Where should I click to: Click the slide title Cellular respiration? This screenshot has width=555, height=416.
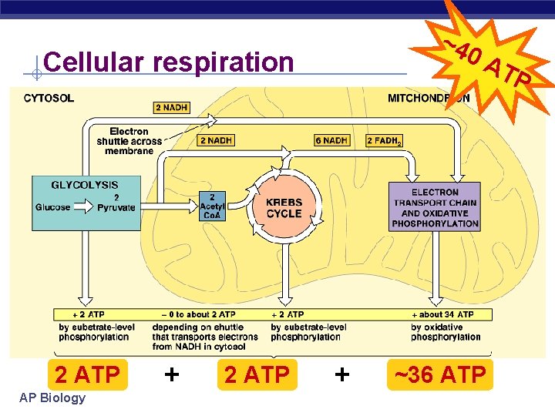[169, 62]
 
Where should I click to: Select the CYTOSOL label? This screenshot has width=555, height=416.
[49, 98]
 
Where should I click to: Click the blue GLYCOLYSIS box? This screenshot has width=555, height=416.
[86, 202]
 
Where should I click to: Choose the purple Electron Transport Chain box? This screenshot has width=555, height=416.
[435, 207]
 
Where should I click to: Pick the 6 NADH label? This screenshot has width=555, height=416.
[331, 140]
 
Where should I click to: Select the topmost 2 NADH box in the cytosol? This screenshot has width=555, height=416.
[171, 108]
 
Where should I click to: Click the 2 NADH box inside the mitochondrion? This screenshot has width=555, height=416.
[217, 140]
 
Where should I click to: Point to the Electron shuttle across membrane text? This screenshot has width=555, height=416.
[129, 141]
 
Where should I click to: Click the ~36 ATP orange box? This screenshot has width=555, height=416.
[440, 375]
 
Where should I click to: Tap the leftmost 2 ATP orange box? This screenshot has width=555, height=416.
[87, 375]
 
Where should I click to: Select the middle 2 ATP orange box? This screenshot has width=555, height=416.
[257, 375]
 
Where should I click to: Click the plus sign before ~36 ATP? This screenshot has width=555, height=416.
[341, 374]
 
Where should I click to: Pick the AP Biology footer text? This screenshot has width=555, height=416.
[55, 398]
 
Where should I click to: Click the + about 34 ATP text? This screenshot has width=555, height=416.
[446, 314]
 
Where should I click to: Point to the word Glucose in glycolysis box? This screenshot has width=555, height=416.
[52, 207]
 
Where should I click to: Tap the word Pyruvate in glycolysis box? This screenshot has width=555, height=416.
[116, 207]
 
